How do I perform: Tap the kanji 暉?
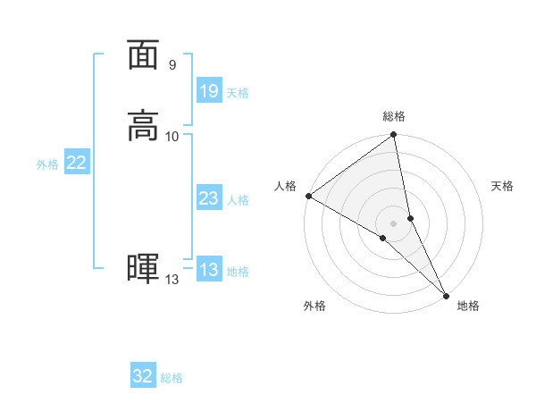(x=143, y=269)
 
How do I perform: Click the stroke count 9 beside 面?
(x=172, y=65)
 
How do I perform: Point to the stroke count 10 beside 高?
(x=172, y=136)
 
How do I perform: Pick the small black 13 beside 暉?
(x=172, y=281)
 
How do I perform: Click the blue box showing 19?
(x=208, y=91)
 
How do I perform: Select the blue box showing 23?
(x=208, y=198)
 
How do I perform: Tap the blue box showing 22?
(x=76, y=163)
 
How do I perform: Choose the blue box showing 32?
(x=143, y=376)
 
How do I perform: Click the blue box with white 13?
(x=208, y=270)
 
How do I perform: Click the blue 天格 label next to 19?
(x=238, y=93)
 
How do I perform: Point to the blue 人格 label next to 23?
(x=238, y=200)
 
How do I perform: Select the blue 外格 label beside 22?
(x=47, y=164)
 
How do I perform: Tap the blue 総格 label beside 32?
(x=172, y=378)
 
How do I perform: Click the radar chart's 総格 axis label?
(x=394, y=116)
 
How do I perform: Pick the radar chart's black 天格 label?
(x=502, y=186)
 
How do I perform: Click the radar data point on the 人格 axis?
(x=308, y=195)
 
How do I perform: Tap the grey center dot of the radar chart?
(x=393, y=223)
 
